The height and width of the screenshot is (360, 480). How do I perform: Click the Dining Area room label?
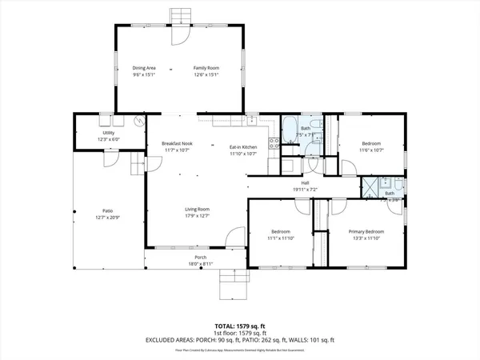pyautogui.click(x=144, y=68)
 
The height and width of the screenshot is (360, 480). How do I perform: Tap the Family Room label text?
pyautogui.click(x=206, y=68)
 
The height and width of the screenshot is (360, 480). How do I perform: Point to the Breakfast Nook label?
pyautogui.click(x=177, y=143)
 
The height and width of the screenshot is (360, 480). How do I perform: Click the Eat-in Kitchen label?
pyautogui.click(x=242, y=147)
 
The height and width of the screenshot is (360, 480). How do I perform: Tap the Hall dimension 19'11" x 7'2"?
pyautogui.click(x=305, y=190)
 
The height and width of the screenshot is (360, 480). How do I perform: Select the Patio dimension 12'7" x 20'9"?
pyautogui.click(x=106, y=218)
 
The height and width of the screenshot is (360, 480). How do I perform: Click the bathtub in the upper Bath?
pyautogui.click(x=289, y=130)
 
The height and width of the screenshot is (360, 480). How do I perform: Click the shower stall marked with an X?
pyautogui.click(x=370, y=187)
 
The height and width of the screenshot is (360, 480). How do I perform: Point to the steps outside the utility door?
pyautogui.click(x=137, y=163)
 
